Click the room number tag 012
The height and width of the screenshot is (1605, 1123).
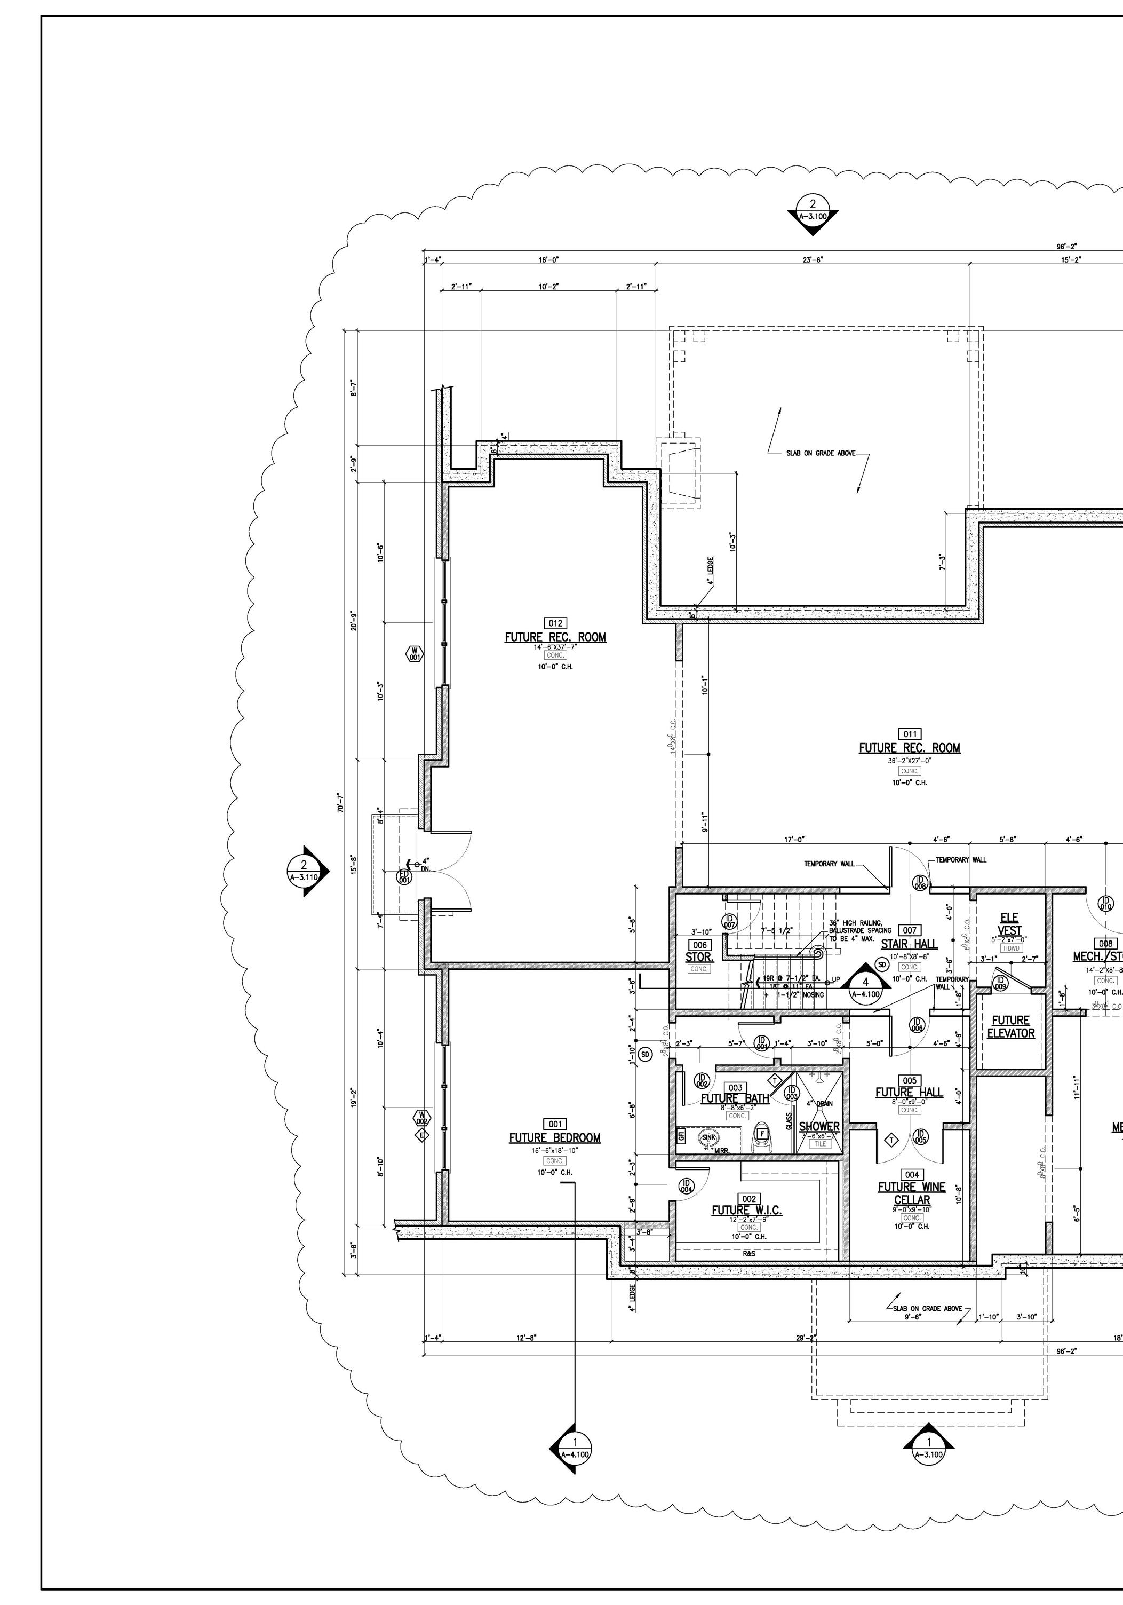pos(555,623)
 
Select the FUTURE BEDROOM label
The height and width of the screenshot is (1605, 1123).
pos(554,1138)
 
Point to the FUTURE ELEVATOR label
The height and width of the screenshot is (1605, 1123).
pos(1010,1027)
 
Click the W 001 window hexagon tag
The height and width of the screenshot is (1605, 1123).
pos(415,654)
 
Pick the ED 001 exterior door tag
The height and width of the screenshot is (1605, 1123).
pos(404,876)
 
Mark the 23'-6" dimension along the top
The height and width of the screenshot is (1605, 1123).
pos(813,260)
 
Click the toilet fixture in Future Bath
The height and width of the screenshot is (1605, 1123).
pos(762,1137)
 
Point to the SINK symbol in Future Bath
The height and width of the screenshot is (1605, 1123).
pos(710,1138)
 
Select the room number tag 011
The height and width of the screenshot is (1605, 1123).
pos(909,734)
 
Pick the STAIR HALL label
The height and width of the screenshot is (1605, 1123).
pos(909,944)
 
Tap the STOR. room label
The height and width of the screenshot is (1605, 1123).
pos(699,957)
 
